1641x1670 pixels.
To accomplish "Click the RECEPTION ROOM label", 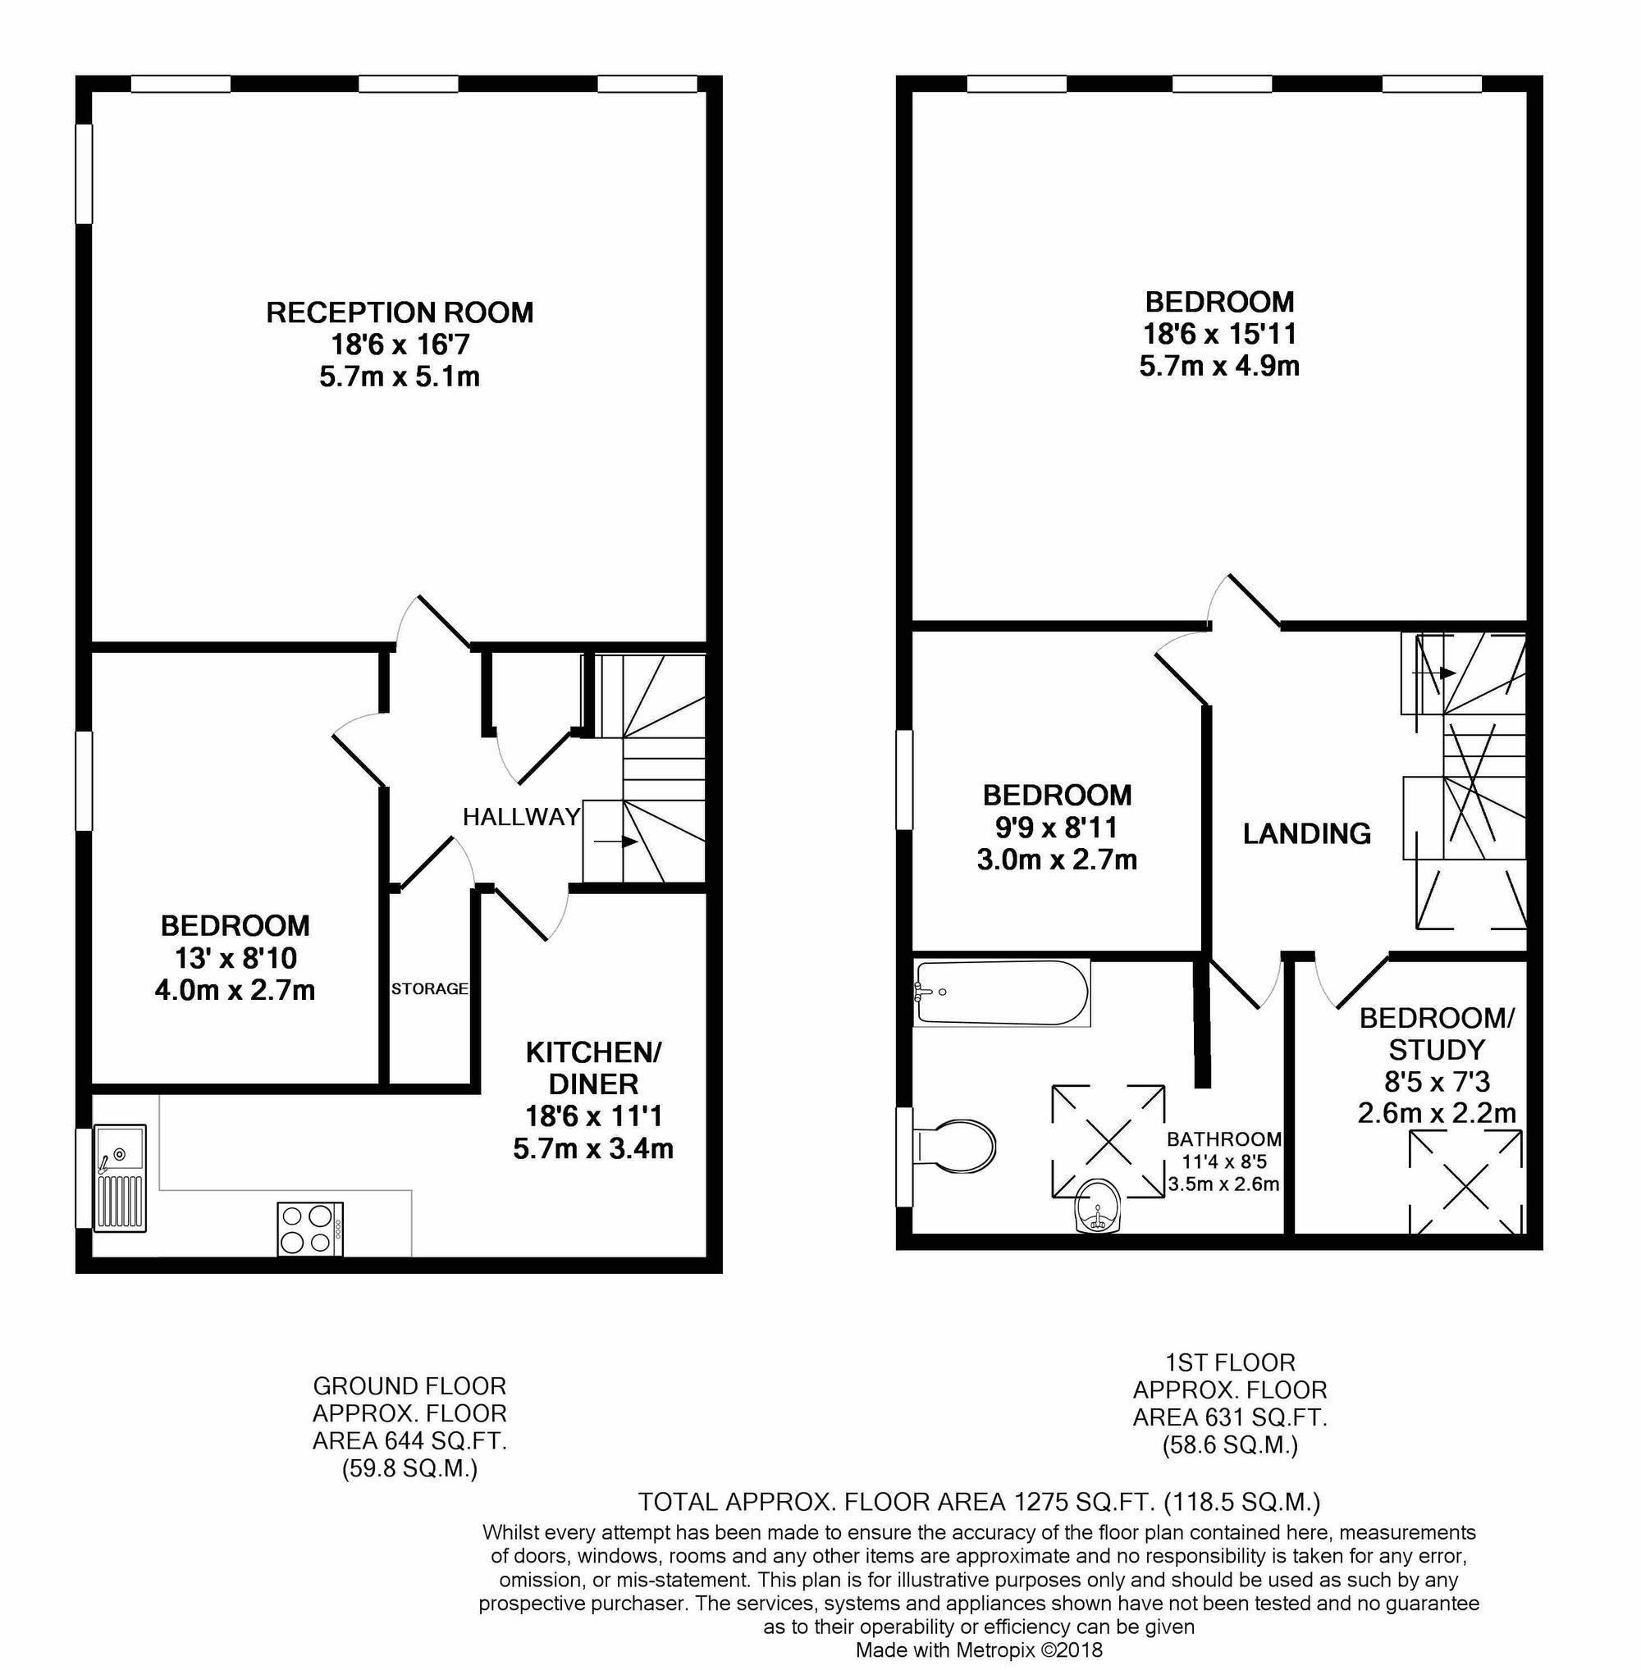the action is (399, 312).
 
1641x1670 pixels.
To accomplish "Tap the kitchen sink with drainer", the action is (120, 1176).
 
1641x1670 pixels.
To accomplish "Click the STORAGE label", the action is (429, 988).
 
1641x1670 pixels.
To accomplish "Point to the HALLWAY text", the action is (522, 816).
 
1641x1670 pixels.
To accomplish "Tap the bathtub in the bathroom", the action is (1002, 992).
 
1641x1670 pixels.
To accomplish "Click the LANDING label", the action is (1306, 833).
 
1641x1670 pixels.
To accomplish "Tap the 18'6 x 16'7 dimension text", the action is (400, 344).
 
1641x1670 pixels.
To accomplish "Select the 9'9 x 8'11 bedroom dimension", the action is (1057, 828).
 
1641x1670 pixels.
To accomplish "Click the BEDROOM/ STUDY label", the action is (1437, 1033).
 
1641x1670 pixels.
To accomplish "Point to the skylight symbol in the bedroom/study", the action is (1465, 1181).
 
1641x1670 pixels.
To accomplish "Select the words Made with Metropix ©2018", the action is (979, 1649).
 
